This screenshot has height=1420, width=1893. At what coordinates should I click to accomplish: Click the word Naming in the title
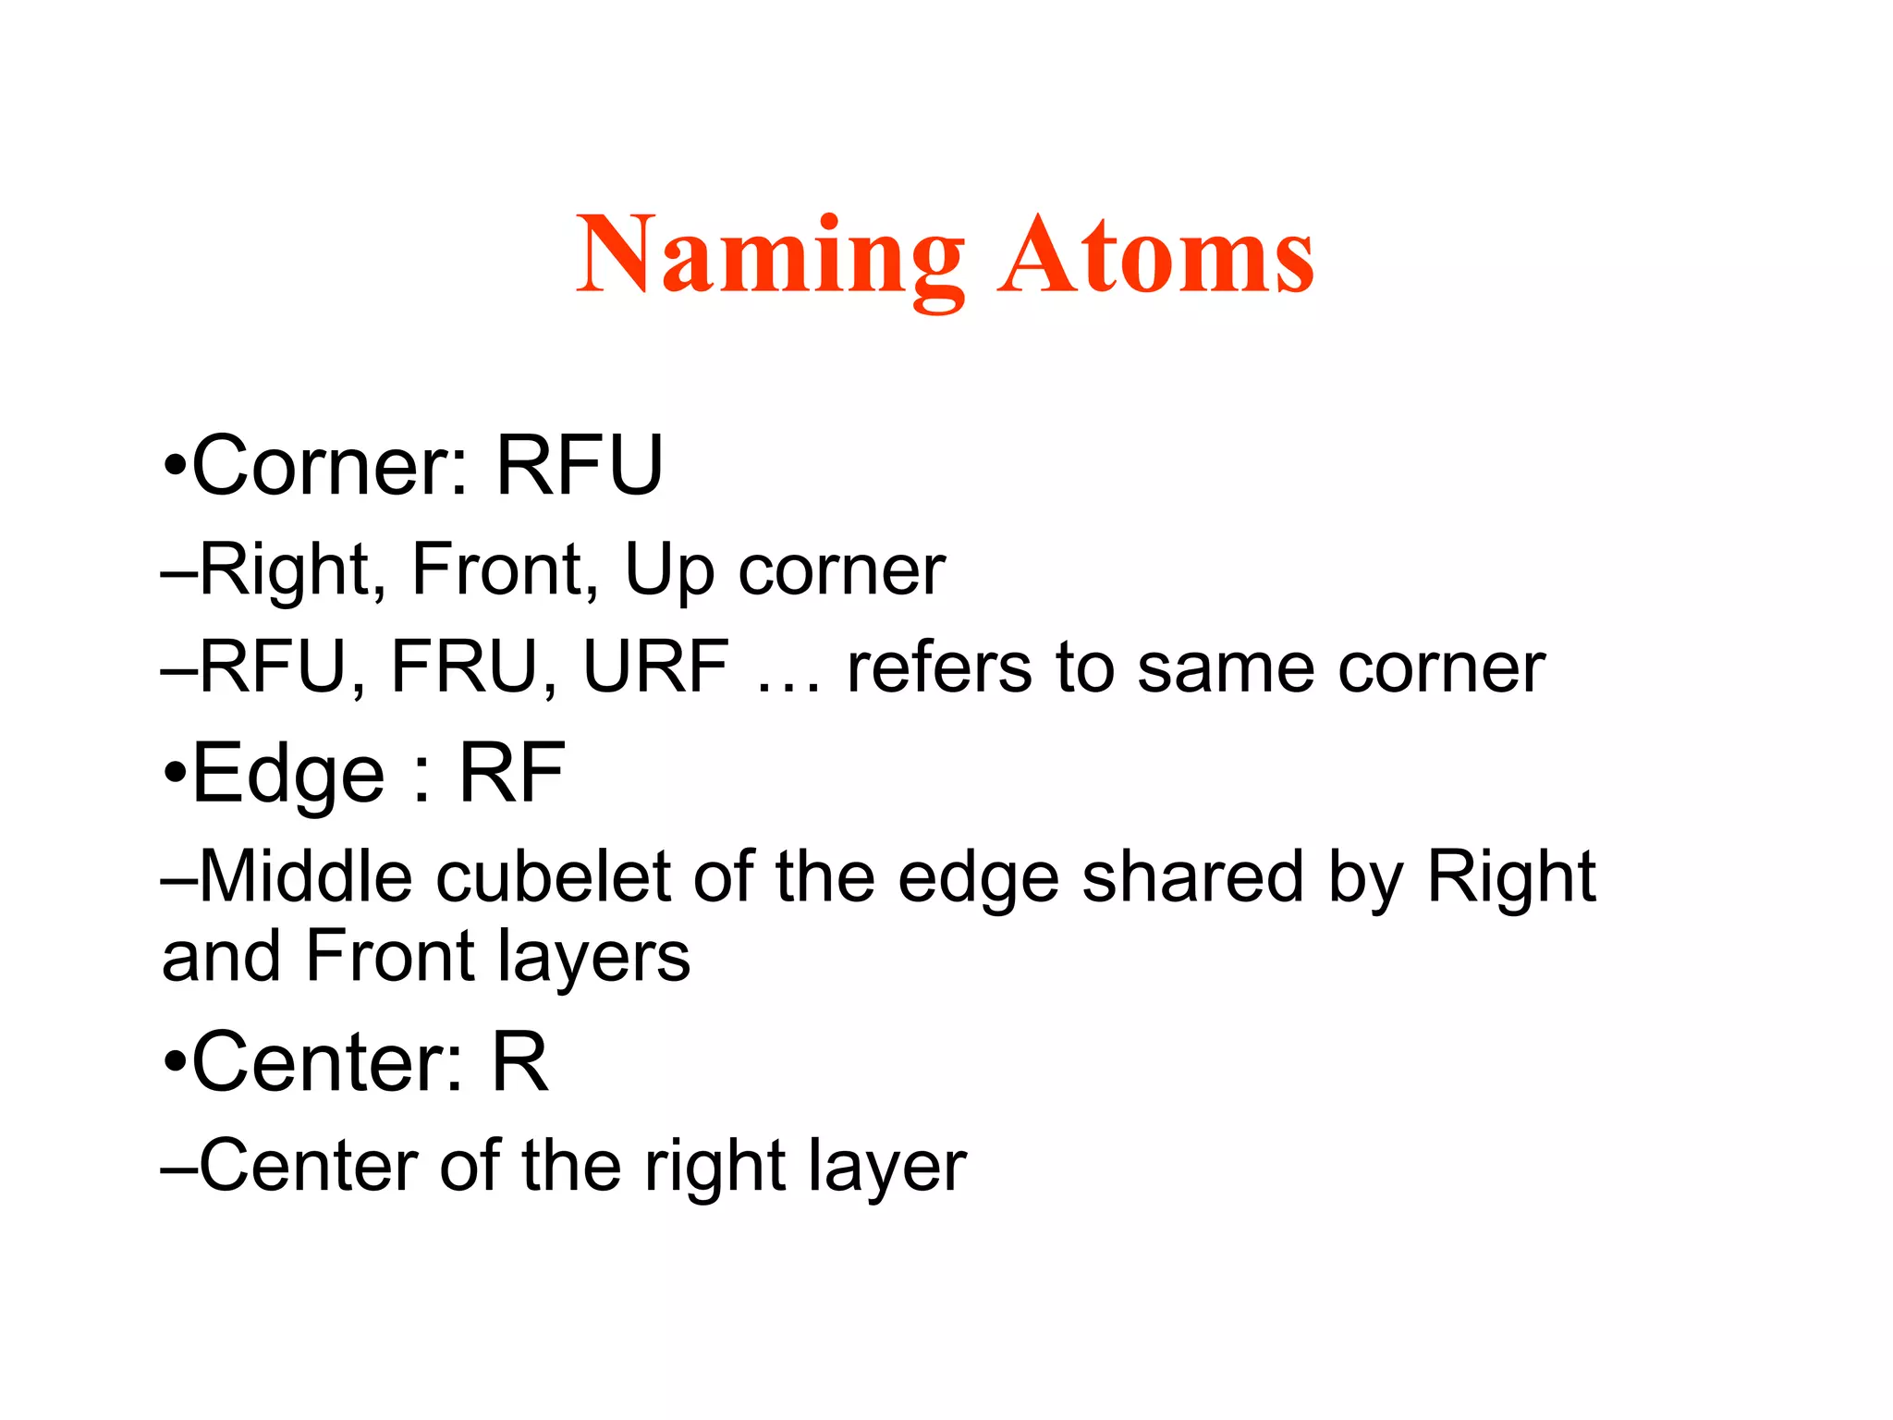[x=770, y=256]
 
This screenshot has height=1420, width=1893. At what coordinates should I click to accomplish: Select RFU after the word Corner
[x=580, y=465]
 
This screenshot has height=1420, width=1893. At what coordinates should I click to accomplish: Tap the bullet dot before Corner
[x=175, y=465]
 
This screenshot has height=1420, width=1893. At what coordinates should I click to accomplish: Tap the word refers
[x=938, y=667]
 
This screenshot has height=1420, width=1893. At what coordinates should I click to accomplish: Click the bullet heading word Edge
[x=287, y=774]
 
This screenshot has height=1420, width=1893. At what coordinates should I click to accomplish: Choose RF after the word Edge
[x=511, y=774]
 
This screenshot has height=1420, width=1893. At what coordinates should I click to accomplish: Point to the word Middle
[x=305, y=876]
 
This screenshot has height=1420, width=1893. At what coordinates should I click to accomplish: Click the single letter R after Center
[x=519, y=1062]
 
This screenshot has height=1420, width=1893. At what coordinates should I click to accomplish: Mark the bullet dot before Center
[x=175, y=1062]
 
